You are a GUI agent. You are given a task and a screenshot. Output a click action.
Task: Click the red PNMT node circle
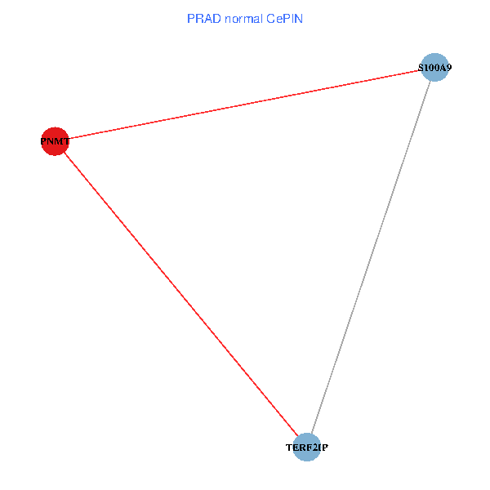pos(55,141)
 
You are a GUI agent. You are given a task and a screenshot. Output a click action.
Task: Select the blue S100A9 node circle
pos(434,67)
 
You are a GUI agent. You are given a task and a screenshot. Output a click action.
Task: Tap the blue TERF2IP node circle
pos(307,448)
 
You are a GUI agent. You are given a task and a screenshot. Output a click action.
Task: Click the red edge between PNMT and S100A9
pos(244,105)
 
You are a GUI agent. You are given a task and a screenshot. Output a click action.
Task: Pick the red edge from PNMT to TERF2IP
pos(181,294)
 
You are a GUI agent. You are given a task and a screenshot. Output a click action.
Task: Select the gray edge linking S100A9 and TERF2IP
pos(371,257)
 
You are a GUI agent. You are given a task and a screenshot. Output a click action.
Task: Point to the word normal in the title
pos(243,19)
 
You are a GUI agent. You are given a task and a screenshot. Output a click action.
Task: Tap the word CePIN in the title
pos(285,19)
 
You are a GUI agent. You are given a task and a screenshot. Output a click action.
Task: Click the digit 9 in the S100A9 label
pos(448,68)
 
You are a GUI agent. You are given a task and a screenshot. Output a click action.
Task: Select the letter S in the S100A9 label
pos(421,68)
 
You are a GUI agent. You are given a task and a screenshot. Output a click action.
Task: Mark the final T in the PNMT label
pos(66,141)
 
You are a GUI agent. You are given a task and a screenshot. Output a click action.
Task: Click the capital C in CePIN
pos(271,19)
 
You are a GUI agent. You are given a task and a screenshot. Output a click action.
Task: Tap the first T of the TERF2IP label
pos(289,448)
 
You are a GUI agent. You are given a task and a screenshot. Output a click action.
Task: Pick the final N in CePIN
pos(299,19)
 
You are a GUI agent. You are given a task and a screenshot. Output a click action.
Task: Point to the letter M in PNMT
pos(59,141)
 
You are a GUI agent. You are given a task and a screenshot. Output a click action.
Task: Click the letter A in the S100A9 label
pos(443,68)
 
